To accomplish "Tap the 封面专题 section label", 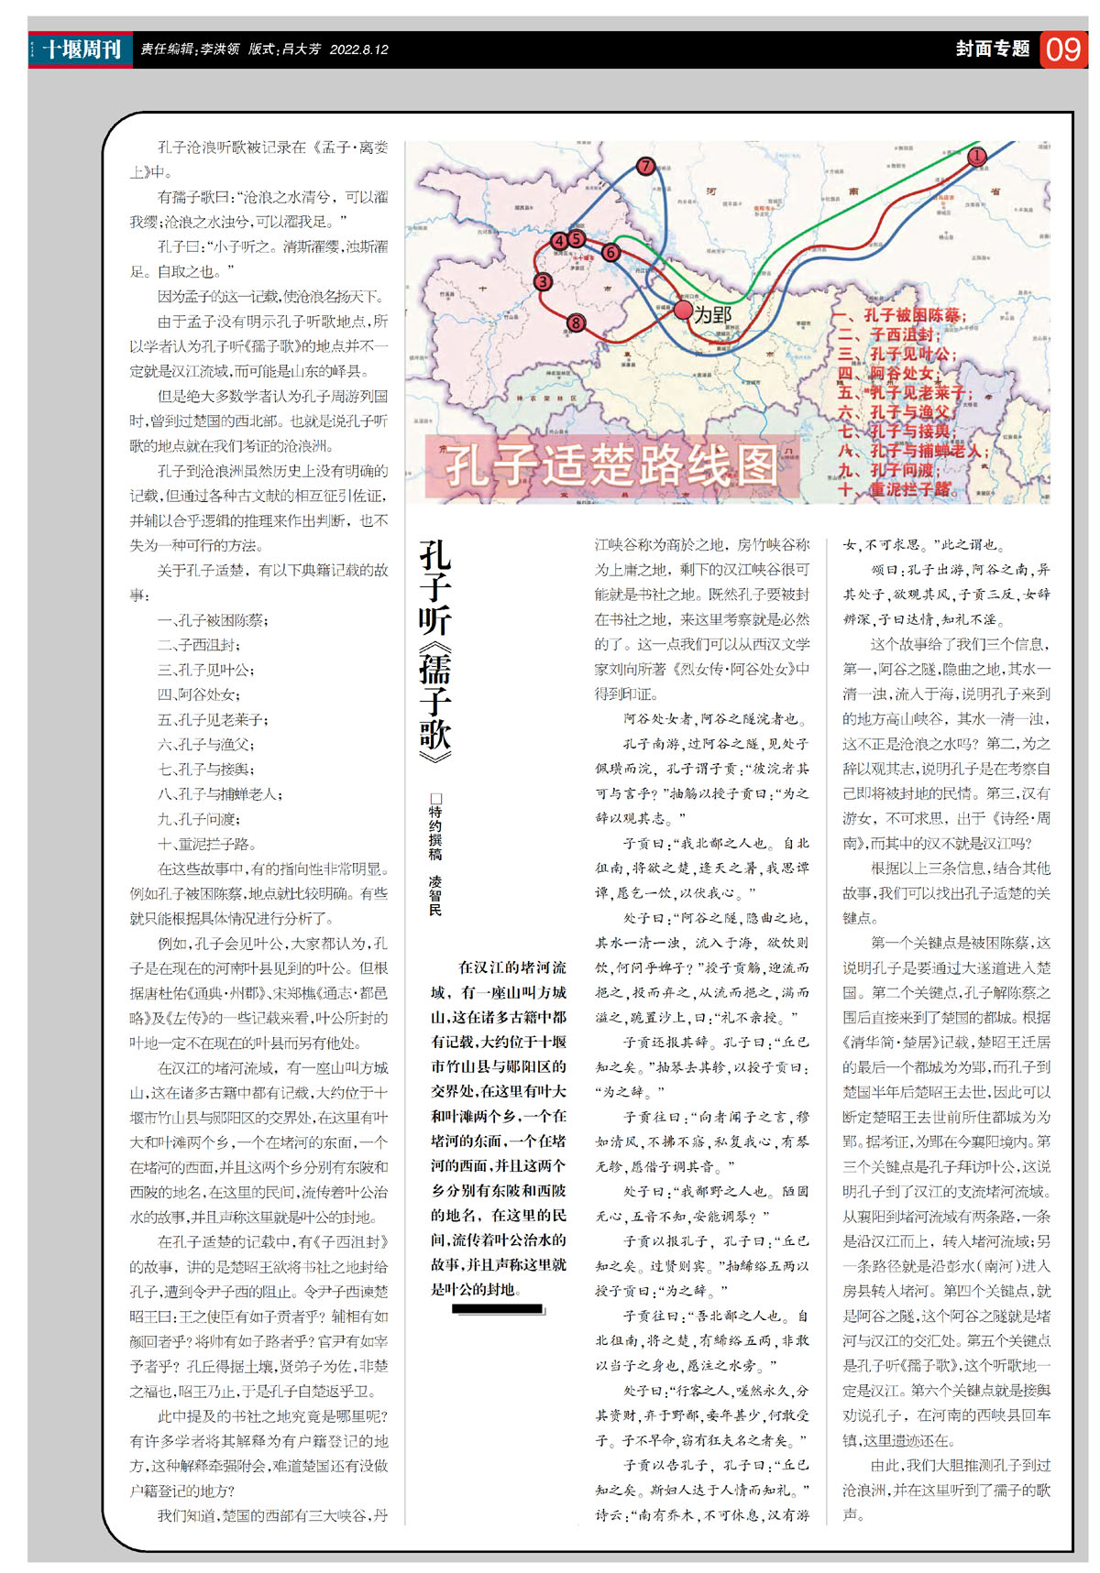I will point(993,49).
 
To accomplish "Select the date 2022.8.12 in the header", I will point(358,49).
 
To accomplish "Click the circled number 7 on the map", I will point(646,166).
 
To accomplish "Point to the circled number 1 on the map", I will point(977,156).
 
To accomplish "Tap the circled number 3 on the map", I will point(543,282).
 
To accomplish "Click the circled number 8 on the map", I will point(576,322).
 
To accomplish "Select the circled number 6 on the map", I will point(611,253).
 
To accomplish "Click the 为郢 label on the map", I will point(712,315).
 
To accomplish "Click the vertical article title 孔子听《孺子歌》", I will point(435,651).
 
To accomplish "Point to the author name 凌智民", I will point(435,895).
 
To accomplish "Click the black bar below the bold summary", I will point(498,1309).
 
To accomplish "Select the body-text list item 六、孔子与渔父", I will point(206,745).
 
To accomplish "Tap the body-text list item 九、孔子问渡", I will point(199,819).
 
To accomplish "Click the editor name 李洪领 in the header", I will point(220,49).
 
